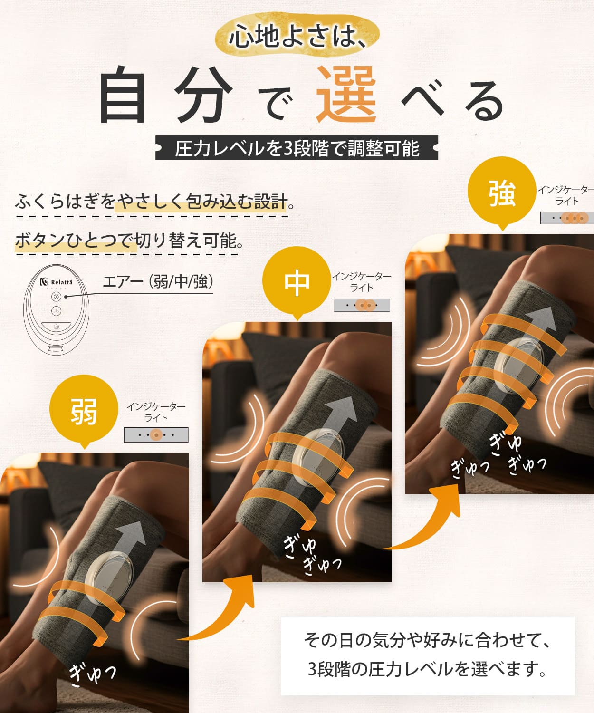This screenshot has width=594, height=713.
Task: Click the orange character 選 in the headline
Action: pos(346,94)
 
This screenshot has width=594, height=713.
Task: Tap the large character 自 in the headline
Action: pos(123,94)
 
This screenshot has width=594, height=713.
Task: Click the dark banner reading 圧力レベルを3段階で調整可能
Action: pos(297,147)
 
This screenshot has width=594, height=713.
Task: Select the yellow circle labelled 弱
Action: pos(84,409)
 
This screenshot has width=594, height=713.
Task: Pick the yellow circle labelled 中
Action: pos(297,281)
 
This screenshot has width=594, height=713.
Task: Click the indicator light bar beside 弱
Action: pos(156,435)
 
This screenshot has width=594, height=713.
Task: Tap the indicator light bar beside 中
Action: pos(362,305)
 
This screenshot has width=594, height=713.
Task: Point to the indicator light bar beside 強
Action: pos(567,218)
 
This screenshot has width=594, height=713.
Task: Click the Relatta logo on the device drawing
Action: pos(57,282)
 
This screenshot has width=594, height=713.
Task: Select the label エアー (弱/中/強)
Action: pos(158,282)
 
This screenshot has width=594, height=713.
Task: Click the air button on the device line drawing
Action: pos(57,297)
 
